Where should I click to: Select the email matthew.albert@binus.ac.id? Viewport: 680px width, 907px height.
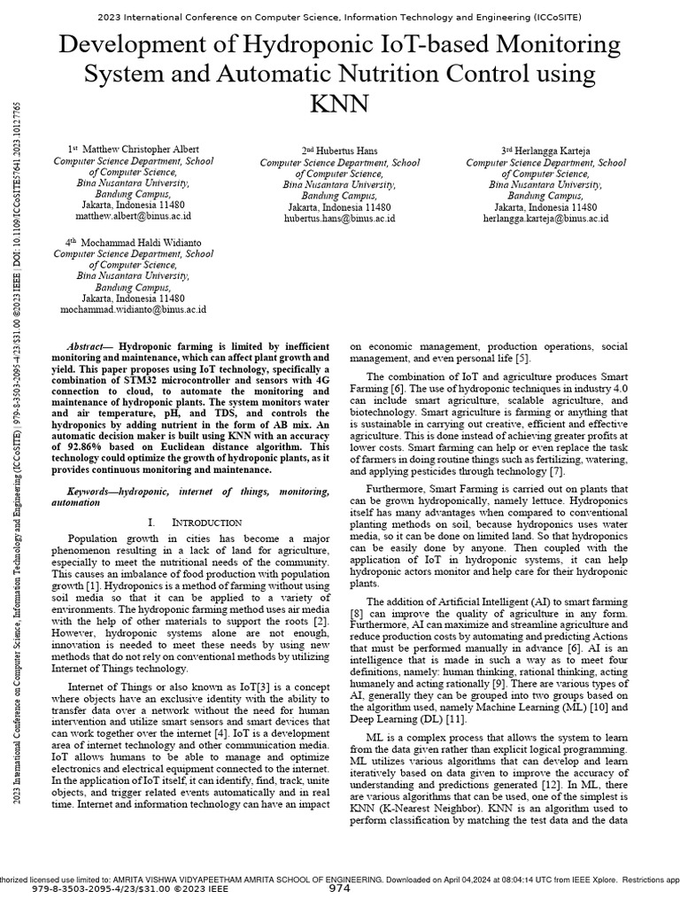click(133, 215)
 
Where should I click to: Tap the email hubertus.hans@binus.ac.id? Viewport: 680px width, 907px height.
click(339, 218)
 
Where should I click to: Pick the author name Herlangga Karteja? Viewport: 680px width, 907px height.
click(552, 151)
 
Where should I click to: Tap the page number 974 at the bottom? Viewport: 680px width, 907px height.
click(340, 888)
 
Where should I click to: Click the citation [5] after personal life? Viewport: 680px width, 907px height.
click(523, 358)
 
